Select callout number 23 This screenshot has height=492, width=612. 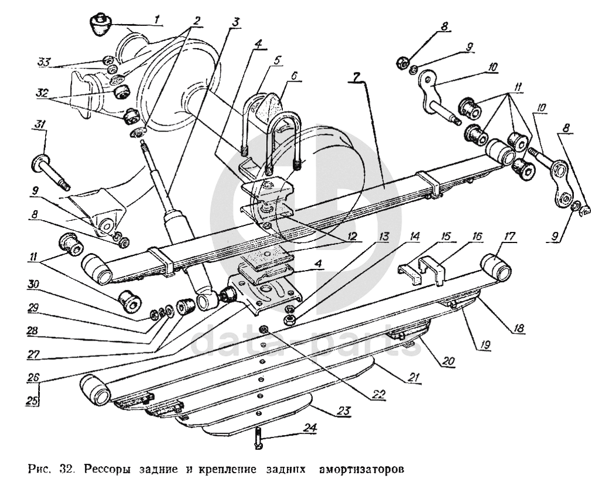[344, 411]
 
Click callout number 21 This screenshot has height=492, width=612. [414, 378]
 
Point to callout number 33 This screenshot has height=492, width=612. [43, 62]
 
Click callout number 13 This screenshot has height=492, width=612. [384, 237]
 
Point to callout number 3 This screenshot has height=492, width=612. [235, 22]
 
